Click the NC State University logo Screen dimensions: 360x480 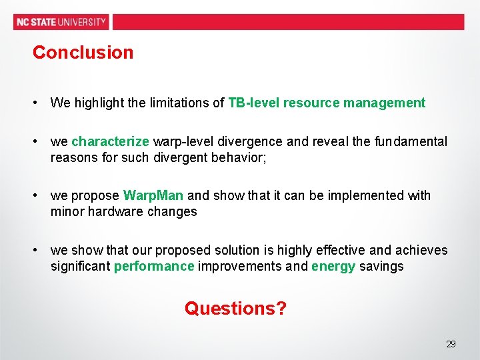(x=61, y=21)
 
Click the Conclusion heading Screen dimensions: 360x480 (x=83, y=52)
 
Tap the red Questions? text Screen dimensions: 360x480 (x=235, y=309)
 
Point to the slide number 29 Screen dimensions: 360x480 (x=451, y=344)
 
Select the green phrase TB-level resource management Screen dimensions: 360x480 (x=327, y=103)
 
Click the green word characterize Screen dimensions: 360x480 (x=110, y=141)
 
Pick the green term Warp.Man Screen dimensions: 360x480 (x=153, y=195)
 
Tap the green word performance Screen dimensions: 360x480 (x=154, y=266)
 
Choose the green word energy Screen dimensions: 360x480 (x=333, y=266)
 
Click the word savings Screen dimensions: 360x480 (x=381, y=266)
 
